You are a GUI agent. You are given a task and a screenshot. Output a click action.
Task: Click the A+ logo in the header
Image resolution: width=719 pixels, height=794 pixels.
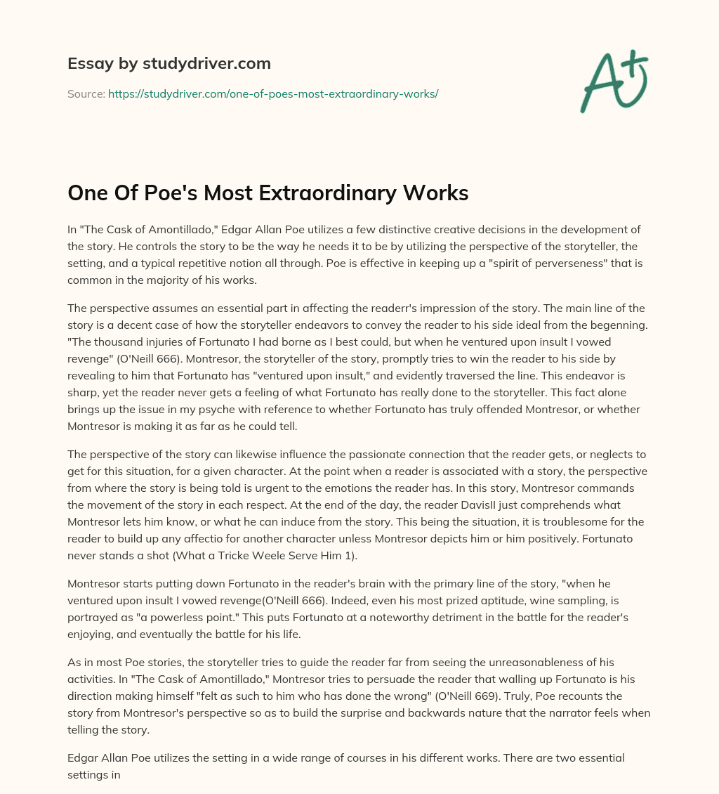[x=614, y=82]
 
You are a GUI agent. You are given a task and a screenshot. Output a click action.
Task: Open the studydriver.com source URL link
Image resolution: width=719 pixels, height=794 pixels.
[x=273, y=93]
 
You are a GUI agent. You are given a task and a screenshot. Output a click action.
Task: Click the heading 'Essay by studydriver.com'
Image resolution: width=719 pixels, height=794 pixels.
[x=169, y=63]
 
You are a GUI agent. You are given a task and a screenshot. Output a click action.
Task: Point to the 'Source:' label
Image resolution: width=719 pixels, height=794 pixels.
[x=86, y=93]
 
